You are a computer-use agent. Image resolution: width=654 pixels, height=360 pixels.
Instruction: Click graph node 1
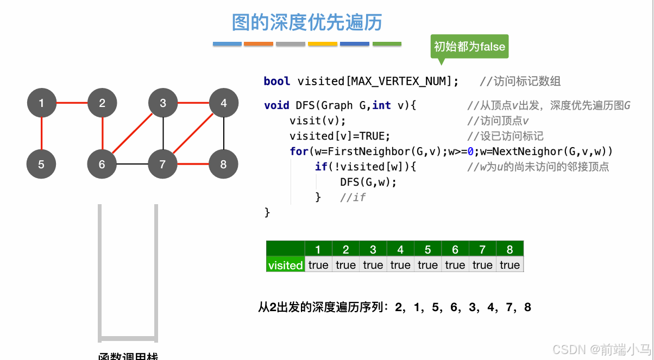tap(41, 103)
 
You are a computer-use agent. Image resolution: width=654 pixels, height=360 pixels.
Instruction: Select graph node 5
tap(41, 163)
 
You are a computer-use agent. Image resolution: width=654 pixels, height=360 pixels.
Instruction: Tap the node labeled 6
tap(102, 163)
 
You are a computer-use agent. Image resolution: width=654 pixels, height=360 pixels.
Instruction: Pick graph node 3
tap(163, 103)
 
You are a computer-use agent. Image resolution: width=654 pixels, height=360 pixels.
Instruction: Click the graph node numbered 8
tap(223, 163)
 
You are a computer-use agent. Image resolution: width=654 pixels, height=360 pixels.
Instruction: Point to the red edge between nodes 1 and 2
tap(72, 103)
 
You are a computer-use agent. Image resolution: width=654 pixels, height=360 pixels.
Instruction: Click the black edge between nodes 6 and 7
tap(133, 163)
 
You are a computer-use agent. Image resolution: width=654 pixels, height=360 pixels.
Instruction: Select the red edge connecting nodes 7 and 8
tap(193, 163)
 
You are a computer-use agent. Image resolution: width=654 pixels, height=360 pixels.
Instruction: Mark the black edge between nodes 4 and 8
tap(223, 133)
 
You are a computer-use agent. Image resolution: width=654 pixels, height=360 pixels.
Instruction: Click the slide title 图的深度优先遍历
tap(307, 23)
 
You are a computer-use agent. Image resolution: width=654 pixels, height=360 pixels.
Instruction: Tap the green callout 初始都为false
tap(469, 47)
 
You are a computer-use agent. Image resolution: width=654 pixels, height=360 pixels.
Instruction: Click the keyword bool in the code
tap(277, 81)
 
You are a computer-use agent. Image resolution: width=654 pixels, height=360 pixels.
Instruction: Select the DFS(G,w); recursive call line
tap(368, 182)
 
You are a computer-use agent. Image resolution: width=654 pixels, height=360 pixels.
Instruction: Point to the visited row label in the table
tap(285, 265)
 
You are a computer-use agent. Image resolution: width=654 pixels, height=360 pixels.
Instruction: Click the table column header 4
tap(400, 249)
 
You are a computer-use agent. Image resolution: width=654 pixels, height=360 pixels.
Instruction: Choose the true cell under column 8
tap(510, 265)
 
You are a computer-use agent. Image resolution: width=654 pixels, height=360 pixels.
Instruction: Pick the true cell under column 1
tap(318, 265)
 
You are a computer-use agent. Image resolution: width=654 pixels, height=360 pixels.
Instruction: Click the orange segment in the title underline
tap(259, 44)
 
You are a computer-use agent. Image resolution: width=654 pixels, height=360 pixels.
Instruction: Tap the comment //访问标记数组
tap(520, 81)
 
